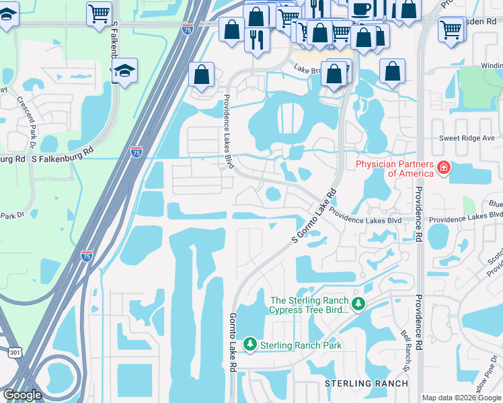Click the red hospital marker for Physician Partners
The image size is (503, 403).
pos(443,167)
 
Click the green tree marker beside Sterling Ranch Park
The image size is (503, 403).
pos(250,345)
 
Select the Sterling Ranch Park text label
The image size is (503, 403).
pos(301,345)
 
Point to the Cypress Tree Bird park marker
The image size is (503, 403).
pos(358,305)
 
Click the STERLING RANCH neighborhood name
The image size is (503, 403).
pos(366,384)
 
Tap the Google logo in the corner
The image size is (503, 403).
pos(22,395)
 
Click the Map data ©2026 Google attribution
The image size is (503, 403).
pos(461,398)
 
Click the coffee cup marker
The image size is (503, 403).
pos(360,9)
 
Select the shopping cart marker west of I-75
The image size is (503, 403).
pos(99,12)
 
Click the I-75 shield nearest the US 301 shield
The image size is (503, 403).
pos(87,255)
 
